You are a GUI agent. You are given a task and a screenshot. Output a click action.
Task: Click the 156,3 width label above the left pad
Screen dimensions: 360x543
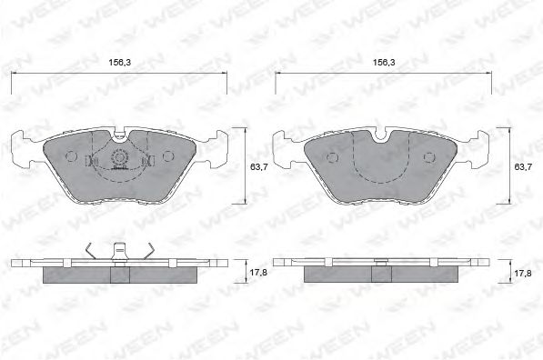[x=119, y=64]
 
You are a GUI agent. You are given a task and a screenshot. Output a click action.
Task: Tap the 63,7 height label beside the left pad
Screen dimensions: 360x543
[x=258, y=167]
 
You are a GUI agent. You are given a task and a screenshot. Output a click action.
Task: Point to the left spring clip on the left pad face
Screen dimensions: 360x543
[x=90, y=161]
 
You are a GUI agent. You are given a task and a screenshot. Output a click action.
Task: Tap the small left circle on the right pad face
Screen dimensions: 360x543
[x=332, y=156]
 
